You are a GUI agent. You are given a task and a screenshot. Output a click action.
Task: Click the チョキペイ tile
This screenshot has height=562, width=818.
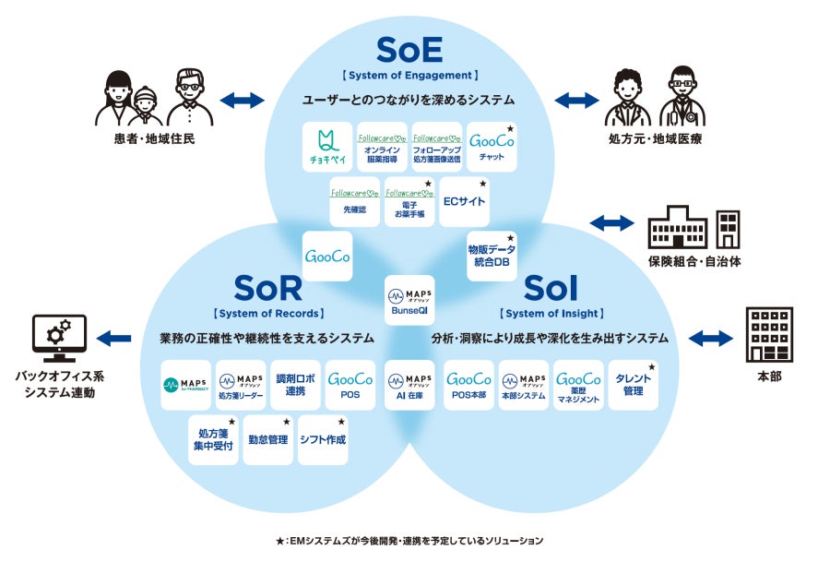[328, 146]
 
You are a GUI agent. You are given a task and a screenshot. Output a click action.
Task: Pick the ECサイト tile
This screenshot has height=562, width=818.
[464, 200]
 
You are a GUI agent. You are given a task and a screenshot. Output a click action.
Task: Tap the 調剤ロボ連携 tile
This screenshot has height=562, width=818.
[296, 385]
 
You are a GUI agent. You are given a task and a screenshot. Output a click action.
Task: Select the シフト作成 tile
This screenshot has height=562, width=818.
[323, 439]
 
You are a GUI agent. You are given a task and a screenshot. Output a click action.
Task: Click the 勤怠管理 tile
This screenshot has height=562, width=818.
[268, 439]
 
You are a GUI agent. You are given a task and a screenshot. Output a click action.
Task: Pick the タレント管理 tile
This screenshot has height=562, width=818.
[634, 385]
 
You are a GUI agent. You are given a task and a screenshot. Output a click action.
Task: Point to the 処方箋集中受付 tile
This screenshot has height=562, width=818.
[214, 439]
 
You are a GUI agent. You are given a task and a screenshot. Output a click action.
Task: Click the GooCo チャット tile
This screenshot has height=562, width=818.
[492, 146]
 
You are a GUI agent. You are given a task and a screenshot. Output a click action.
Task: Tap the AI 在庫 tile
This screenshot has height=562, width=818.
[409, 385]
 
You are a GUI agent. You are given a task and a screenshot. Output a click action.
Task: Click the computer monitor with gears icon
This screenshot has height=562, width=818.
[59, 339]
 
